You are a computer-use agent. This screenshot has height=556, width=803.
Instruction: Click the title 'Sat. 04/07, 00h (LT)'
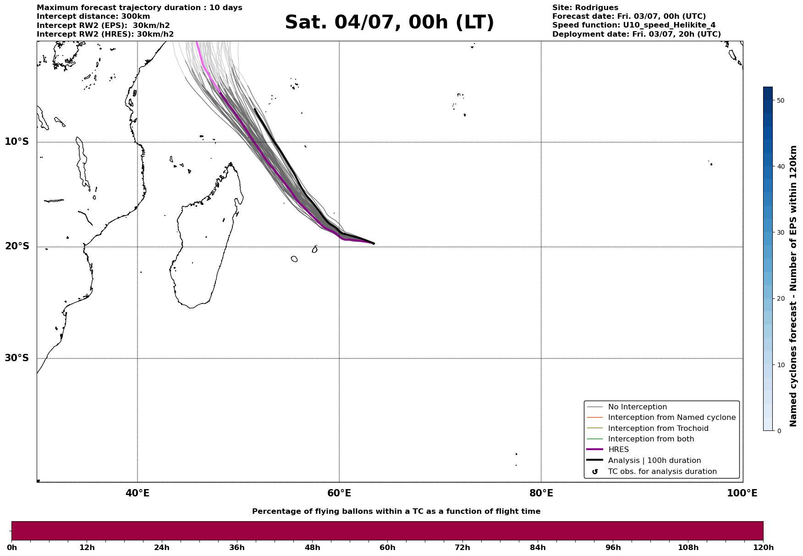pyautogui.click(x=389, y=22)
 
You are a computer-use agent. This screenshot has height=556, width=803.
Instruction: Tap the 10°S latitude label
pyautogui.click(x=17, y=142)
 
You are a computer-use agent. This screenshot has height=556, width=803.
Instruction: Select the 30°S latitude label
pyautogui.click(x=17, y=358)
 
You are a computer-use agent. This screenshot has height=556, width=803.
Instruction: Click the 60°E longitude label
pyautogui.click(x=339, y=493)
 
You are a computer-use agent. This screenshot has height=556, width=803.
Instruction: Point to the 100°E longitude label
pyautogui.click(x=742, y=493)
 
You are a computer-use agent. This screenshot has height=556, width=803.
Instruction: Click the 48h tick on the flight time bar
pyautogui.click(x=313, y=547)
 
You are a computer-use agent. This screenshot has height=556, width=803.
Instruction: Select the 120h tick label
pyautogui.click(x=763, y=547)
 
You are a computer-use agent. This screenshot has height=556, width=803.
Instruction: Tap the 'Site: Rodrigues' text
pyautogui.click(x=585, y=8)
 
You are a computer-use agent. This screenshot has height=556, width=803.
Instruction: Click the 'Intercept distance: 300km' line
pyautogui.click(x=93, y=17)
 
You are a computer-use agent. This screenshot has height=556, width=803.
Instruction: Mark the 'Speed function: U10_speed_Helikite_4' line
pyautogui.click(x=634, y=25)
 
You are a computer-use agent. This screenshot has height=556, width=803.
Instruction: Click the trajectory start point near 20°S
pyautogui.click(x=374, y=243)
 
